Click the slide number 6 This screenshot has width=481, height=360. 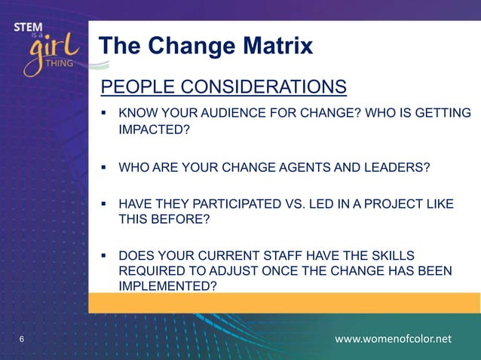[x=21, y=340]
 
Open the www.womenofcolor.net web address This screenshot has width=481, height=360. [x=393, y=339]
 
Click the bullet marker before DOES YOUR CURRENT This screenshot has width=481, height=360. [x=106, y=256]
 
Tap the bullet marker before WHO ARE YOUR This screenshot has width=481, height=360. [x=106, y=166]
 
